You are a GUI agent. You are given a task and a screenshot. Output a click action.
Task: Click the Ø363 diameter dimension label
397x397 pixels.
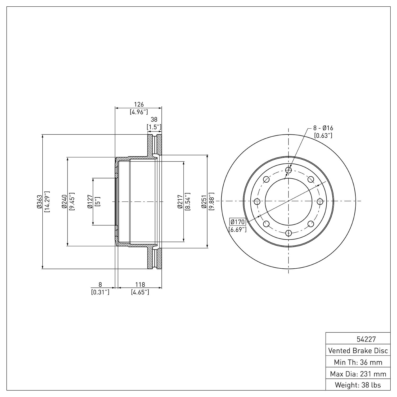tap(39, 202)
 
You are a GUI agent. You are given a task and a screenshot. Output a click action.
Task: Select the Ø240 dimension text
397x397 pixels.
tap(64, 202)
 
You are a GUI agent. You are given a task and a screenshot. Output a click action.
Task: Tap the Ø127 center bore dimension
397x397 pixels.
tap(90, 202)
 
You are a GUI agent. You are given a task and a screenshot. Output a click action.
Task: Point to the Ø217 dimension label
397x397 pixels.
tap(180, 202)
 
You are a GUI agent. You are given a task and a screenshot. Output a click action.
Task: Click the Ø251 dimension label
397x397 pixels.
tap(204, 202)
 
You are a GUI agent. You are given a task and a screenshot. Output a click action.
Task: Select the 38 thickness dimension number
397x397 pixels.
tap(154, 120)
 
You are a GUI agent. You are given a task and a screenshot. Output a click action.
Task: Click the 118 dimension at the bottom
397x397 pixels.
tap(140, 285)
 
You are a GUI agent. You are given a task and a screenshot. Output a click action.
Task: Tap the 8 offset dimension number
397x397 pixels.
tap(100, 285)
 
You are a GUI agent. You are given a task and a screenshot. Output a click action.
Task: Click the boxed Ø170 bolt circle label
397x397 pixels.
tap(238, 222)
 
